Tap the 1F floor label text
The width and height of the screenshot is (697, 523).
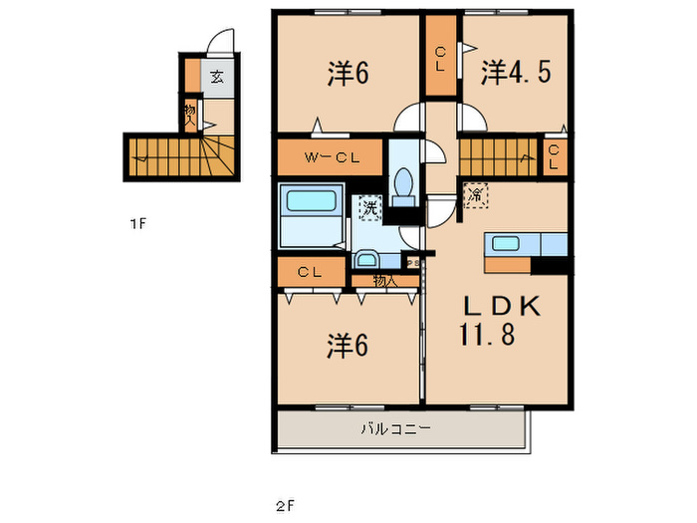coord(137,224)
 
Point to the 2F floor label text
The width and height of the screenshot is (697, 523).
coord(286,504)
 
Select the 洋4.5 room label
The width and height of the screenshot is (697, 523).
coord(517,72)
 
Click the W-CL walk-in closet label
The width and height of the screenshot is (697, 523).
coord(330,156)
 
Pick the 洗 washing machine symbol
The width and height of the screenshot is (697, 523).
coord(369,209)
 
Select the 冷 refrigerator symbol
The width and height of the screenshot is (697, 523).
coord(477,195)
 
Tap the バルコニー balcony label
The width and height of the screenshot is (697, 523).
coord(394,430)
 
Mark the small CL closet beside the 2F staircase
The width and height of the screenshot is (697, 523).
coord(555,156)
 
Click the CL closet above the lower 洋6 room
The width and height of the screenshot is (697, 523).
coord(308,272)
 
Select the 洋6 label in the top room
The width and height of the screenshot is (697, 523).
coord(348,72)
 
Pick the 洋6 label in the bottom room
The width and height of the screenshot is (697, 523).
coord(348,345)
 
